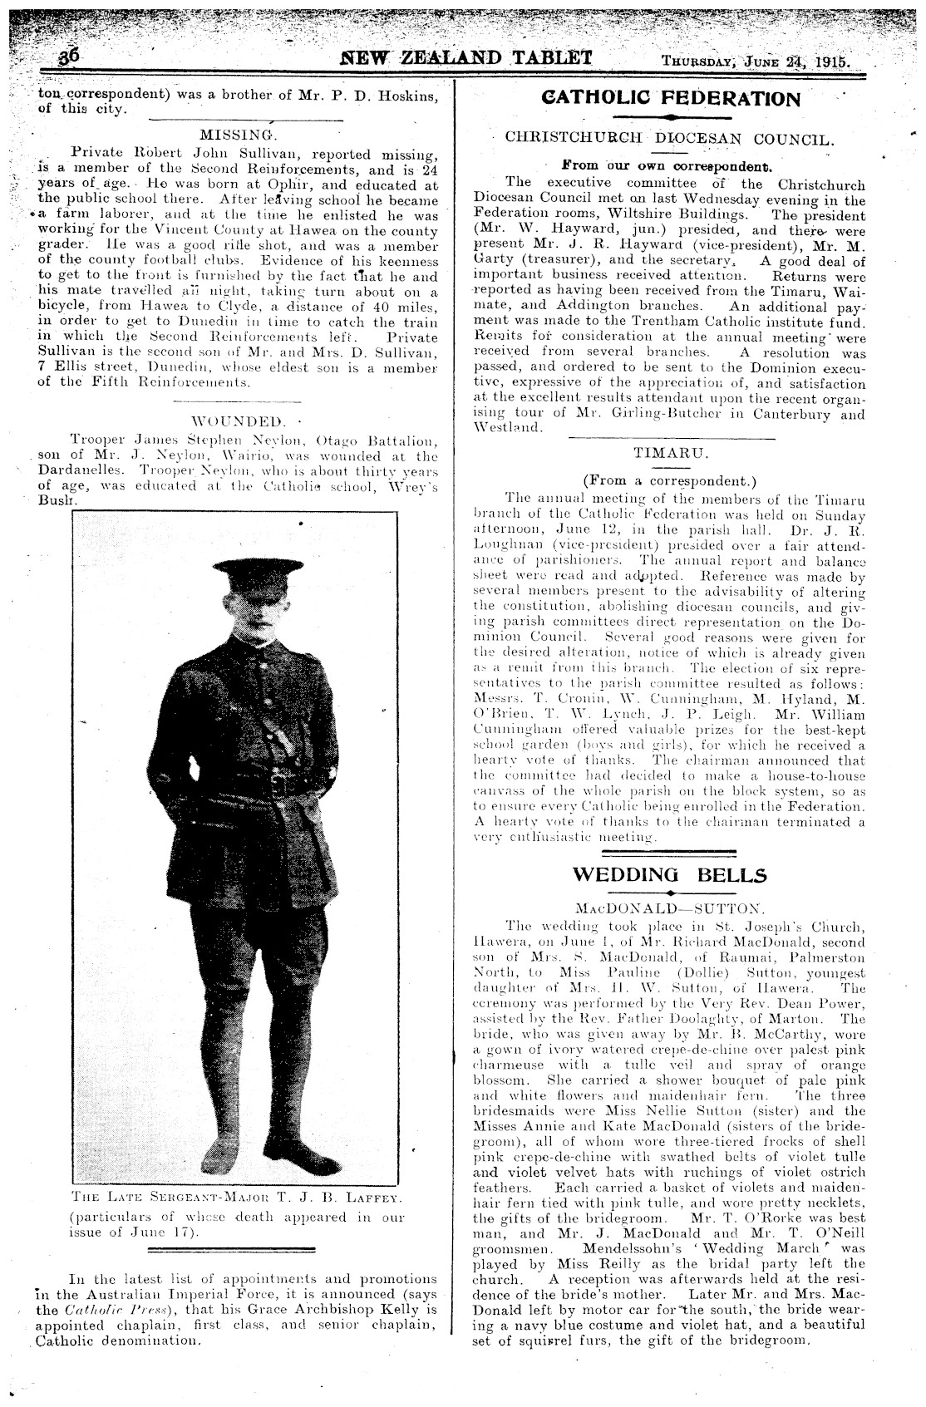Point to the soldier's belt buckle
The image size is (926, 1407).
click(x=280, y=783)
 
